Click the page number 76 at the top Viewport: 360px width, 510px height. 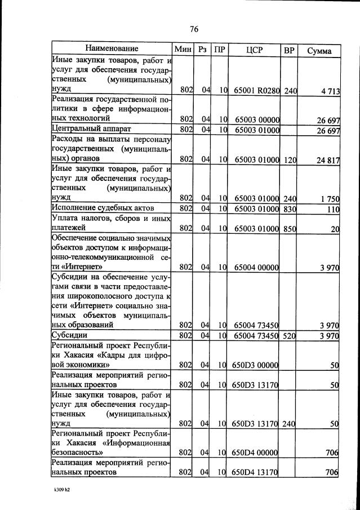click(x=194, y=29)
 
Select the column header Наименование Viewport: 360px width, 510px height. click(x=112, y=50)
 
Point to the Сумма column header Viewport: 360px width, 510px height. click(x=319, y=51)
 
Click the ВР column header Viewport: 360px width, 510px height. click(x=289, y=50)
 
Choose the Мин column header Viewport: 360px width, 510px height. click(x=184, y=50)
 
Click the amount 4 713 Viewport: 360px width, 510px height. click(x=329, y=91)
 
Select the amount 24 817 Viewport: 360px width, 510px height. click(x=328, y=160)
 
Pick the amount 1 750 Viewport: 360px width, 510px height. click(x=330, y=198)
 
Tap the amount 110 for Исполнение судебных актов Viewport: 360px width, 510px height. click(x=333, y=209)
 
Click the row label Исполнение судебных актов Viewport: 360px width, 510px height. click(x=92, y=209)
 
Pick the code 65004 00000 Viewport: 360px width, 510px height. click(x=256, y=267)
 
